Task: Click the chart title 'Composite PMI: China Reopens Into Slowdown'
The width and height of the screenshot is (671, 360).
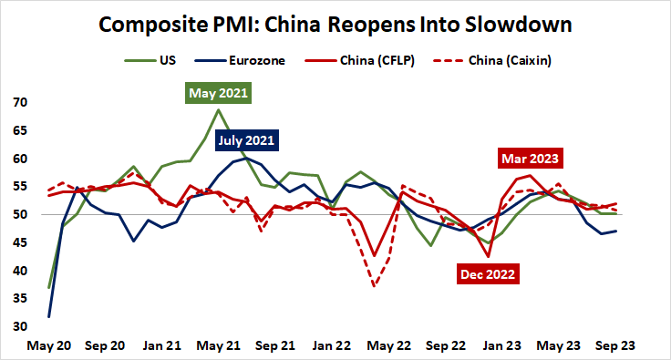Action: (x=335, y=24)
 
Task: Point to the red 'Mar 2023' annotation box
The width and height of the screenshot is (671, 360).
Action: (x=529, y=159)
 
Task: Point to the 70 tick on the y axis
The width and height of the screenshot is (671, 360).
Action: (x=19, y=103)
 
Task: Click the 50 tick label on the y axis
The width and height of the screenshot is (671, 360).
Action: (x=19, y=215)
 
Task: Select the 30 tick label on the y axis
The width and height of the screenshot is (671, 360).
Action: (x=19, y=327)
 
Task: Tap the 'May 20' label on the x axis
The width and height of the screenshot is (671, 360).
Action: (x=49, y=346)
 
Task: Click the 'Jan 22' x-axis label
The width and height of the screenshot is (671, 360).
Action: (x=334, y=346)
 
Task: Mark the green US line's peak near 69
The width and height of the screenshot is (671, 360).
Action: (x=219, y=110)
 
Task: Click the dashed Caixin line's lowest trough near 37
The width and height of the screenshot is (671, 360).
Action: (x=375, y=286)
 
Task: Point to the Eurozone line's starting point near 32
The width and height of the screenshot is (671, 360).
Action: (x=48, y=316)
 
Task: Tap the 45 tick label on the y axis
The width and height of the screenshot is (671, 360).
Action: (x=19, y=271)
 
